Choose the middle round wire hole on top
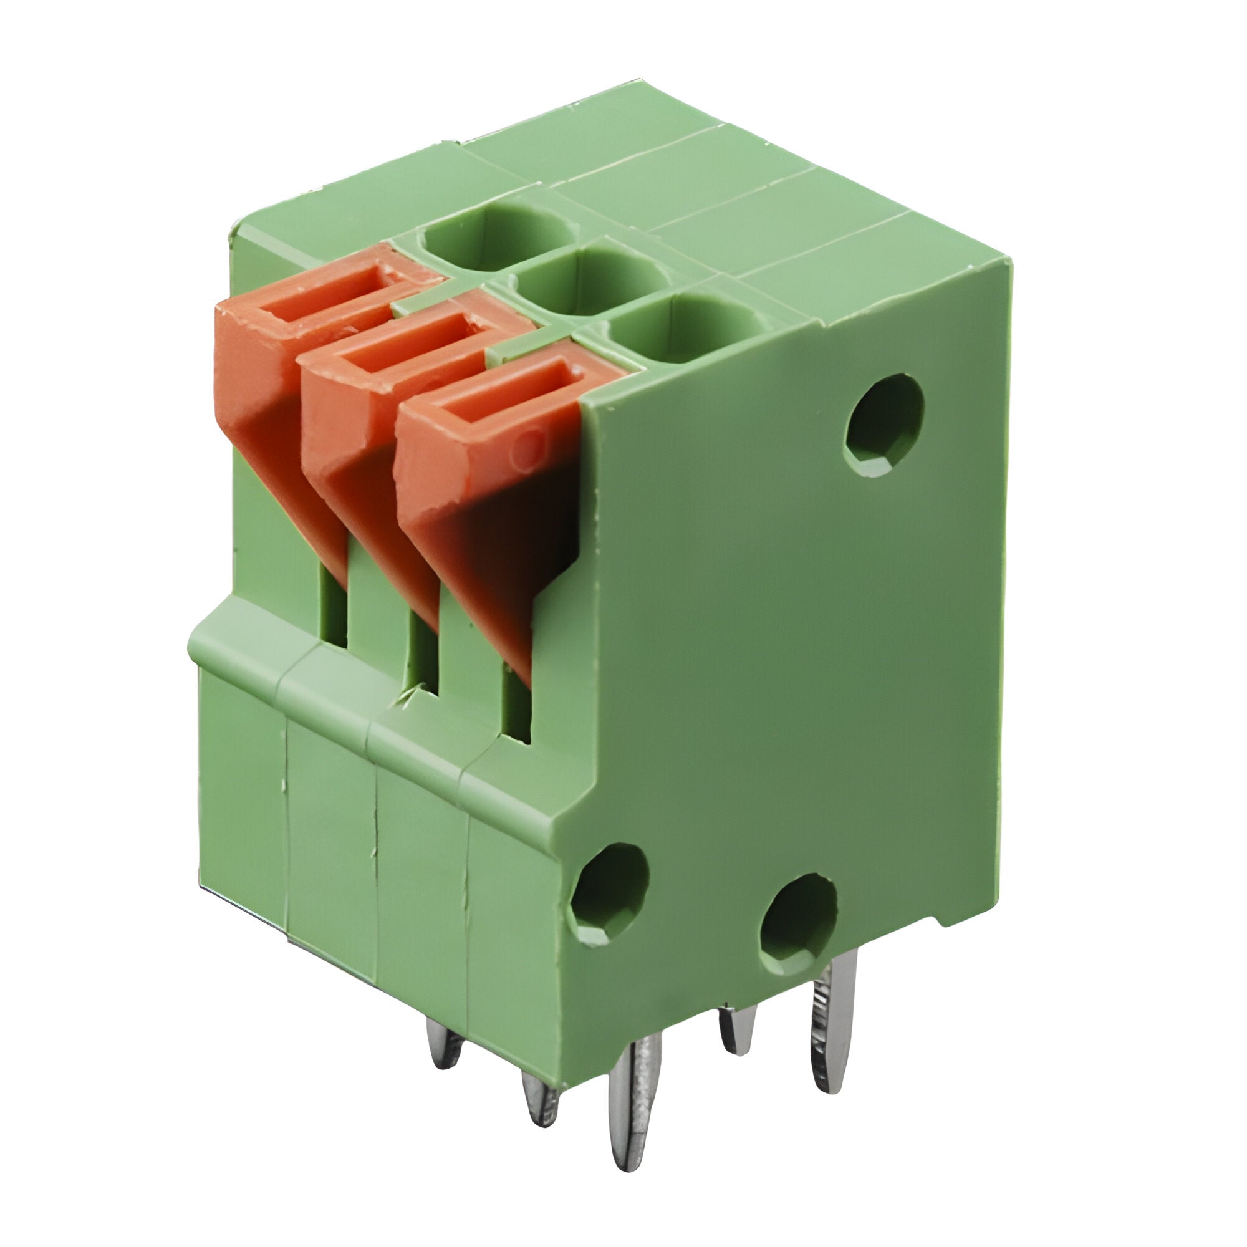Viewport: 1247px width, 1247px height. click(584, 284)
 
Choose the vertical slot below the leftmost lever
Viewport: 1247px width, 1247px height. click(334, 610)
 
